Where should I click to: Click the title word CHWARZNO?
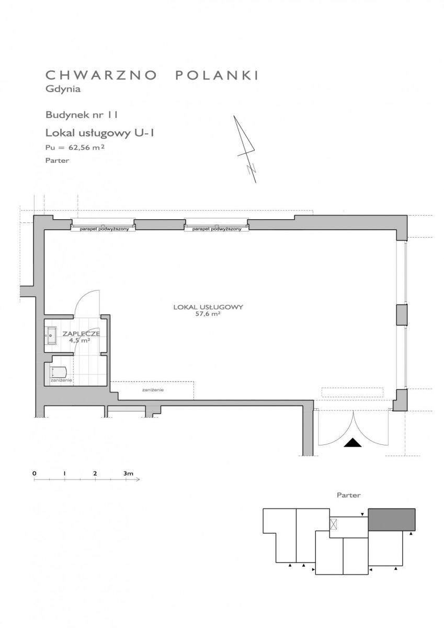pos(101,75)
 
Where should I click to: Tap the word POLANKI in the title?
pos(217,75)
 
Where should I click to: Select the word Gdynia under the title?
pos(63,89)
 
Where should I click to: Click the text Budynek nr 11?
pos(81,115)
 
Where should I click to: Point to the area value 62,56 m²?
pos(87,147)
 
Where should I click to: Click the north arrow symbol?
pos(246,149)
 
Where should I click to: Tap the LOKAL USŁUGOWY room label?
pos(208,307)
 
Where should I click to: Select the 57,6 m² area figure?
pos(208,314)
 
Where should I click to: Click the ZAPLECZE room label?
pos(81,334)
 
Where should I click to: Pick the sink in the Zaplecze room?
pos(51,335)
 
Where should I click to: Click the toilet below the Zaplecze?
pos(59,372)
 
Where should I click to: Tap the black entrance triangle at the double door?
pos(352,442)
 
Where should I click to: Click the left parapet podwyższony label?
pos(104,229)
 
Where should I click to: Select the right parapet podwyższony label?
pos(217,229)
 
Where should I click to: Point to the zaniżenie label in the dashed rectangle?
pos(153,390)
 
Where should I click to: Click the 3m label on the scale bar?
pos(128,474)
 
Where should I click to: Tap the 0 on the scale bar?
pos(35,473)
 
